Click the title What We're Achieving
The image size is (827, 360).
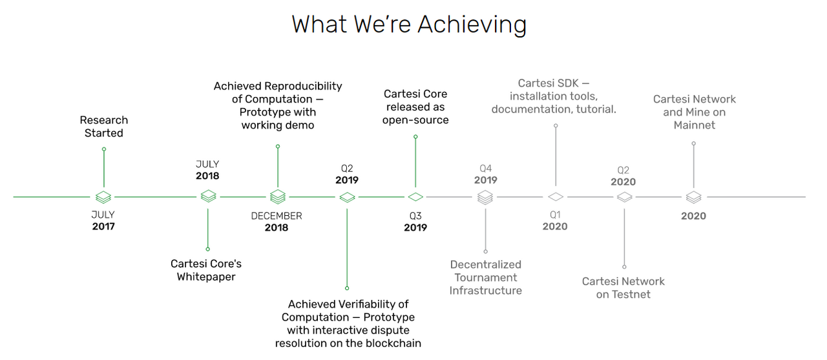tap(409, 25)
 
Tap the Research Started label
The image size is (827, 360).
tap(104, 126)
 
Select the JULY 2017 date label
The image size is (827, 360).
tap(103, 220)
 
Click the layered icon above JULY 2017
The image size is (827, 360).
tap(103, 197)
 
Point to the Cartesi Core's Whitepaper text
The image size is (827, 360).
tap(206, 270)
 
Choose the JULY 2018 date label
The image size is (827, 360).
tap(207, 170)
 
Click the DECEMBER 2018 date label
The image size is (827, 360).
tap(277, 222)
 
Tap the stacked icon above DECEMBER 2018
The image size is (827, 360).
tap(278, 196)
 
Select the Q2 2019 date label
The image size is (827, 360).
tap(347, 175)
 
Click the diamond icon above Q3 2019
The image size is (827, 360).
tap(415, 197)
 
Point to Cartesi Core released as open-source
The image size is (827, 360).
tap(415, 107)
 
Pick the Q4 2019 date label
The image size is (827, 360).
tap(485, 175)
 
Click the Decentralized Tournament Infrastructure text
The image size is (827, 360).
tap(485, 277)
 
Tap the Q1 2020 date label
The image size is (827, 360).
tap(555, 220)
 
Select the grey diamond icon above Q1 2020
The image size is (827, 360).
tap(555, 196)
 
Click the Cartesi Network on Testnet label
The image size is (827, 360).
tap(623, 288)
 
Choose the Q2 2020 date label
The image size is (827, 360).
tap(623, 176)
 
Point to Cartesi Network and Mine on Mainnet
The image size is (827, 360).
tap(695, 112)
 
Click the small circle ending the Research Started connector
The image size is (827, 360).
tap(104, 149)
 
